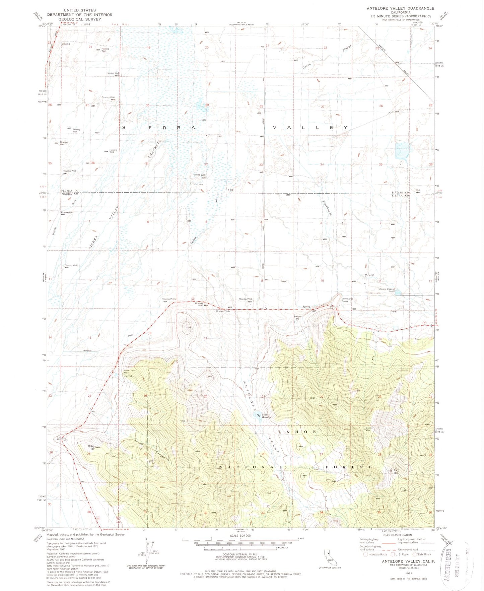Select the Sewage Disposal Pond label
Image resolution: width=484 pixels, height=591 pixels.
click(x=387, y=290)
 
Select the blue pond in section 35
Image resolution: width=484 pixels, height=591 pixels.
click(x=402, y=151)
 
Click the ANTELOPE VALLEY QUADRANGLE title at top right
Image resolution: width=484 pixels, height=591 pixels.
click(x=400, y=8)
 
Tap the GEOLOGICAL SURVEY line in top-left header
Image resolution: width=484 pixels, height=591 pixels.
click(x=79, y=19)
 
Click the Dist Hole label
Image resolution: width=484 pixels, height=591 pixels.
click(x=199, y=185)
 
